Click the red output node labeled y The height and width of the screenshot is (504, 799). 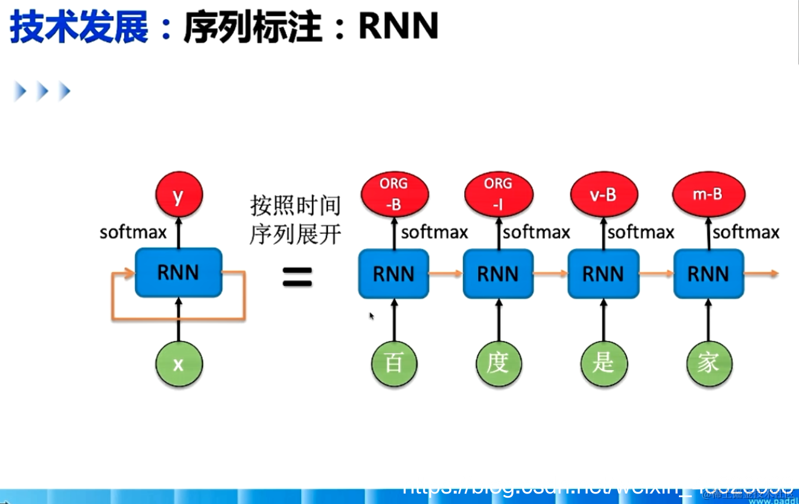pos(179,195)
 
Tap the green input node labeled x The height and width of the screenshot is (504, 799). pos(179,364)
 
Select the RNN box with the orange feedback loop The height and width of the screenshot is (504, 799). pos(179,273)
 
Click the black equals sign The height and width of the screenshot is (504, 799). pos(297,277)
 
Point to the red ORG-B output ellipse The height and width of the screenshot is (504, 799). pos(394,194)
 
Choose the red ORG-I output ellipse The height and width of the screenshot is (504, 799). pos(498,194)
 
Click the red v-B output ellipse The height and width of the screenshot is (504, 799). pos(603,194)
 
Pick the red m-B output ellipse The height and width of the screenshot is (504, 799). pos(708,194)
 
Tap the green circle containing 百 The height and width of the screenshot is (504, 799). pos(394,364)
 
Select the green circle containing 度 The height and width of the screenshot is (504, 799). pos(498,364)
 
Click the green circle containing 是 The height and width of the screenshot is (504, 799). pos(603,364)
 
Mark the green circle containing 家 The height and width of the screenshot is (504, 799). pos(708,364)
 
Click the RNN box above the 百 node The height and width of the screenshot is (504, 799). pos(394,274)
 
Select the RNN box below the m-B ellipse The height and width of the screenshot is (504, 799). pos(708,274)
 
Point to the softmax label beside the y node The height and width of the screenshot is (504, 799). pos(133,233)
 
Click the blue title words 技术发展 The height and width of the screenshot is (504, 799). pos(79,27)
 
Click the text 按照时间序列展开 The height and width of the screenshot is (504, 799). pos(295,220)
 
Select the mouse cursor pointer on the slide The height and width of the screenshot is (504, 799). pos(371,316)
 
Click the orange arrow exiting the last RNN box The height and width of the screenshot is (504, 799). pos(761,273)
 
